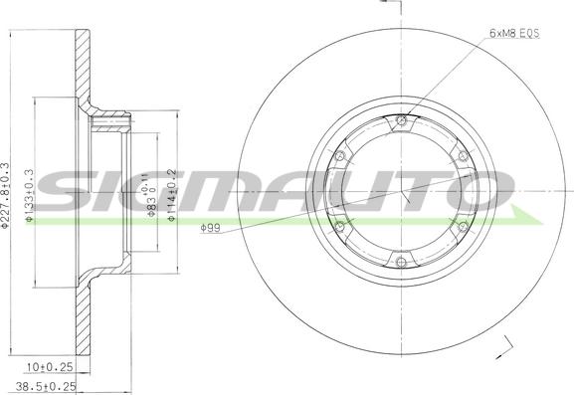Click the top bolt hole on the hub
pos(401,122)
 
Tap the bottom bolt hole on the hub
pos(401,263)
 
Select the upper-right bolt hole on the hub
pos(462,157)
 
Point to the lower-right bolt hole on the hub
pos(462,228)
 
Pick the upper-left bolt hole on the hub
pos(340,157)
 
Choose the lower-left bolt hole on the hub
pos(340,228)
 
